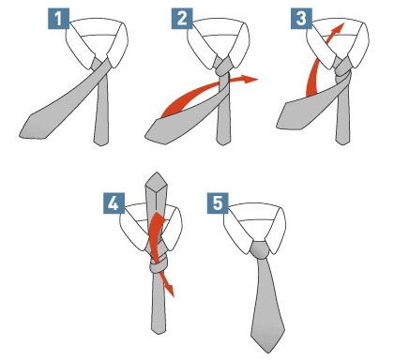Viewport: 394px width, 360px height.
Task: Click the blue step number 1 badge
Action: (x=58, y=19)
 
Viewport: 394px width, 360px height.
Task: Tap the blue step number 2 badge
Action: (x=182, y=19)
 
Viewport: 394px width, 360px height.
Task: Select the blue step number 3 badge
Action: (x=301, y=19)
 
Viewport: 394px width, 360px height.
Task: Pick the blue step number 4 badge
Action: (x=114, y=203)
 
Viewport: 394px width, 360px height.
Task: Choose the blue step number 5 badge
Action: (x=218, y=203)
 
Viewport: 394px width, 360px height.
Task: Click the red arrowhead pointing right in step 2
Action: (x=250, y=79)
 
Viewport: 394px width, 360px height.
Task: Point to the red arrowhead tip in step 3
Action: (x=343, y=22)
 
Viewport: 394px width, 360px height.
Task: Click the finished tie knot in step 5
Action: (x=260, y=249)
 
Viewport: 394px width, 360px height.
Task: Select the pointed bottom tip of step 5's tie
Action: (x=267, y=352)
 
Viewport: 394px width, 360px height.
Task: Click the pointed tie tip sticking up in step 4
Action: (x=157, y=172)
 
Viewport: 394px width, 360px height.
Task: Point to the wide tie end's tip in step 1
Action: (x=20, y=135)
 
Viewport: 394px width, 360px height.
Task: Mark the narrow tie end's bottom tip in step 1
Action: (x=101, y=145)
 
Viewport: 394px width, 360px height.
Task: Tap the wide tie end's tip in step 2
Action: (x=145, y=137)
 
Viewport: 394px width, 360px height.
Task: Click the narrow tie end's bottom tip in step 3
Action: (x=342, y=144)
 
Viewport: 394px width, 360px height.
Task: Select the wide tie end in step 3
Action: (x=308, y=110)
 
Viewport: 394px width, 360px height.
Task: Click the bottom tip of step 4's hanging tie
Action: (x=159, y=334)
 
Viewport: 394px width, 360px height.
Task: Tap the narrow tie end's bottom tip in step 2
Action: (x=223, y=144)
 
